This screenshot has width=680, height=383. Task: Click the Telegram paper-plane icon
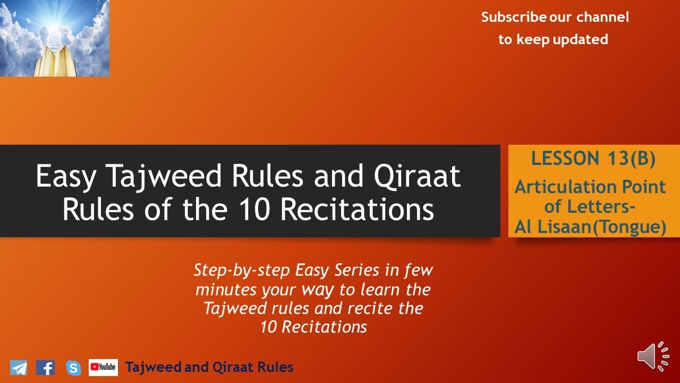coord(19,368)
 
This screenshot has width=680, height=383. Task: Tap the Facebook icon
coord(46,368)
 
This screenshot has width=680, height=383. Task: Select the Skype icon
coord(73,368)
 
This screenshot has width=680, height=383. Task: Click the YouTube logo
coord(103,367)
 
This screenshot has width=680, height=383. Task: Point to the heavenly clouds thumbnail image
coord(54,38)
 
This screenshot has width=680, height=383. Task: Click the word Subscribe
coord(514,17)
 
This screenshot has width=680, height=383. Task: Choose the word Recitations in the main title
coord(358,209)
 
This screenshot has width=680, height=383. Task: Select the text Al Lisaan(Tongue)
coord(590,227)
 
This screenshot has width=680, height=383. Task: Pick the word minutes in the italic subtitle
coord(226,290)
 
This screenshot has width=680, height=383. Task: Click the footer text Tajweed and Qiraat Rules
coord(209,367)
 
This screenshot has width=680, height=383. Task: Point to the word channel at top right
coord(602,17)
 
